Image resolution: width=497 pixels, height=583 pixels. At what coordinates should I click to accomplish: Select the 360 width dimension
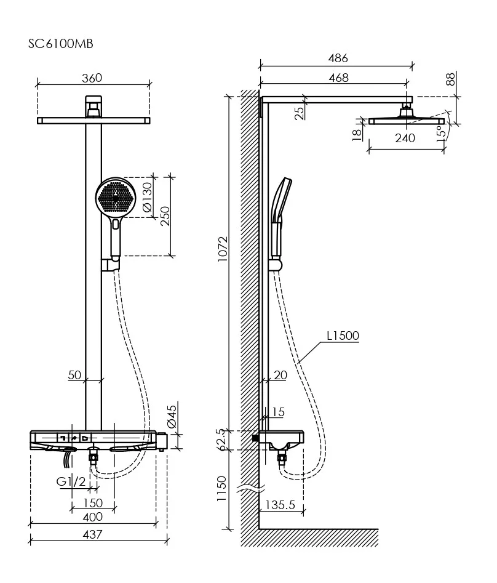coord(92,78)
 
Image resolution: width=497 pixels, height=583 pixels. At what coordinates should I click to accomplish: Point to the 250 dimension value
coord(165,215)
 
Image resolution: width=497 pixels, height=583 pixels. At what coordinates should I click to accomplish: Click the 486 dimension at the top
coord(338,58)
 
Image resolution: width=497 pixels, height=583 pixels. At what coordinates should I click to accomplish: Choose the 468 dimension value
coord(338,78)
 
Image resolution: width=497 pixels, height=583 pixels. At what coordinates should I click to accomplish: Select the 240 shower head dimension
coord(405,138)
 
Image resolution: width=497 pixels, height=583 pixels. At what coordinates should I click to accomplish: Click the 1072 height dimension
coord(223,248)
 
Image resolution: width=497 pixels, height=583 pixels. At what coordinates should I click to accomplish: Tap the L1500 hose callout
coord(343,336)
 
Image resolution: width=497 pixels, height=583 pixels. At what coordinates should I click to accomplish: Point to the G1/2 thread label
coord(71,481)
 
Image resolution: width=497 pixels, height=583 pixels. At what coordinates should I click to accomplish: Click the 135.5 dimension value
coord(280,505)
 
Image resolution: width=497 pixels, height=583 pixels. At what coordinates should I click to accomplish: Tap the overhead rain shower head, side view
coord(406,120)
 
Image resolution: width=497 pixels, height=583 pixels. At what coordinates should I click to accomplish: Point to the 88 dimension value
coord(450,79)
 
